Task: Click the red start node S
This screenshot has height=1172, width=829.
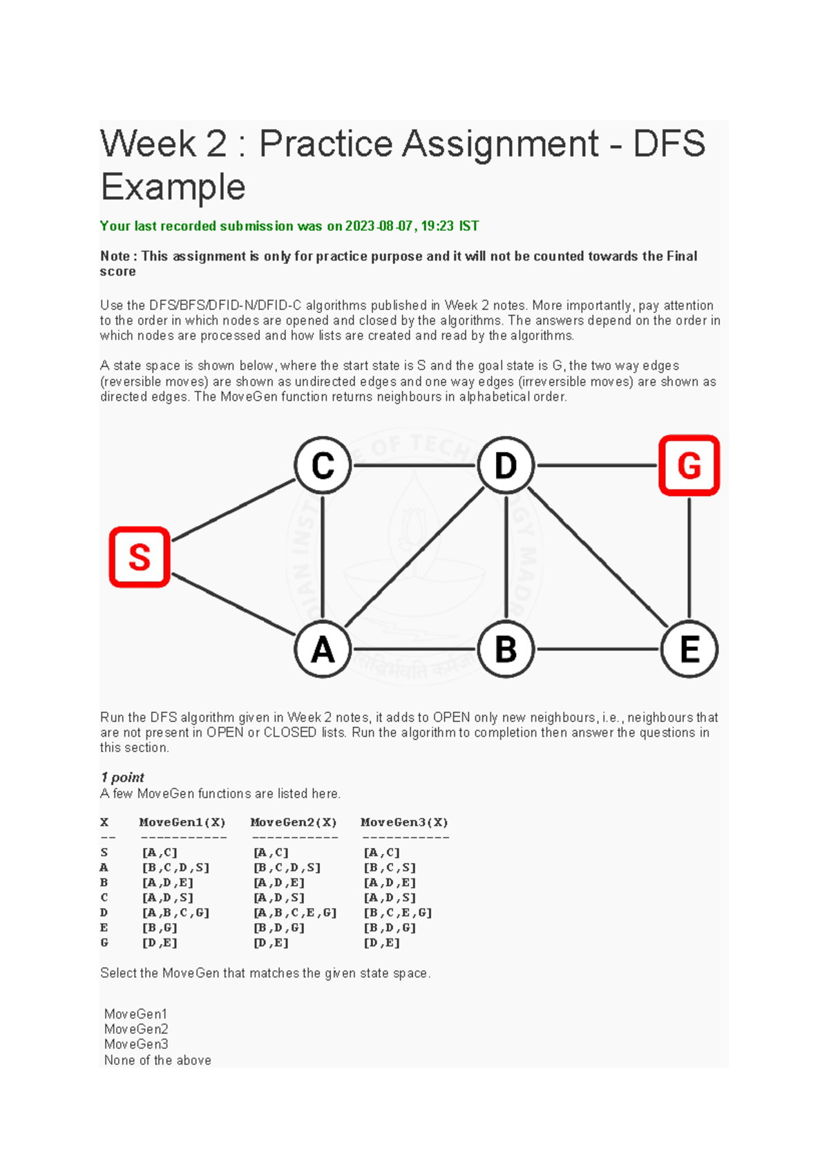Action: [x=140, y=557]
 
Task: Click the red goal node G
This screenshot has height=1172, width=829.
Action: [x=689, y=465]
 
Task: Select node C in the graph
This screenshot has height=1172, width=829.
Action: [x=323, y=465]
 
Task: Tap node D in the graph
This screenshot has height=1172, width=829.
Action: [x=506, y=465]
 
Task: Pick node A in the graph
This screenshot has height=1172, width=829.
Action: [x=323, y=650]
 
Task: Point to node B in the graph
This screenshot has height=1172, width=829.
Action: [x=506, y=650]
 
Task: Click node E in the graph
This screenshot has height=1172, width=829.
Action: [x=689, y=650]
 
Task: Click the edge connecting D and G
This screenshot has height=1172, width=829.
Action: [x=598, y=465]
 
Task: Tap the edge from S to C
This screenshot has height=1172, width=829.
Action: [x=234, y=510]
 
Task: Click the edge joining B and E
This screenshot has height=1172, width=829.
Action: [x=598, y=650]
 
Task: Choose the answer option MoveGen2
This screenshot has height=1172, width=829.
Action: [x=136, y=1029]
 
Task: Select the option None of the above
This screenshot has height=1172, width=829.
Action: [x=158, y=1060]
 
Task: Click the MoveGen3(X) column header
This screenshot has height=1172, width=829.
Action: [x=404, y=822]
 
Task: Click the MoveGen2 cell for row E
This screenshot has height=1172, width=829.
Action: [x=279, y=928]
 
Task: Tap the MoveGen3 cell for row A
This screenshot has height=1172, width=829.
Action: [x=390, y=868]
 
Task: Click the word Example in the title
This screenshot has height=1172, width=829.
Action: [x=173, y=187]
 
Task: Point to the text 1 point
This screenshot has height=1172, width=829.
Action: [x=122, y=777]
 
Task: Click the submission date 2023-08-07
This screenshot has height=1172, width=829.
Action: [x=379, y=226]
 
